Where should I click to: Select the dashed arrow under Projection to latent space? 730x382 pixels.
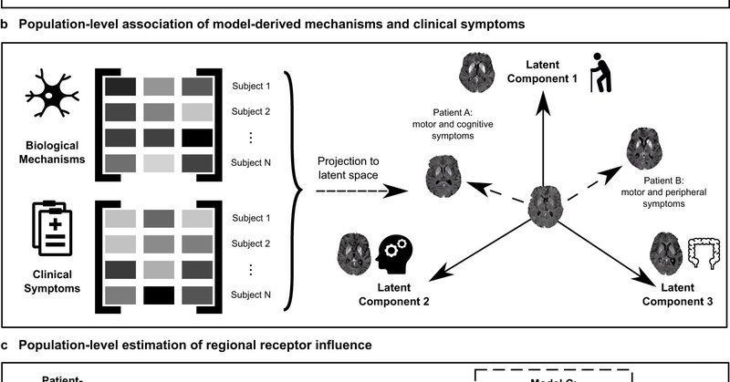click(351, 191)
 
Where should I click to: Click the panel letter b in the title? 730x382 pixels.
click(6, 25)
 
